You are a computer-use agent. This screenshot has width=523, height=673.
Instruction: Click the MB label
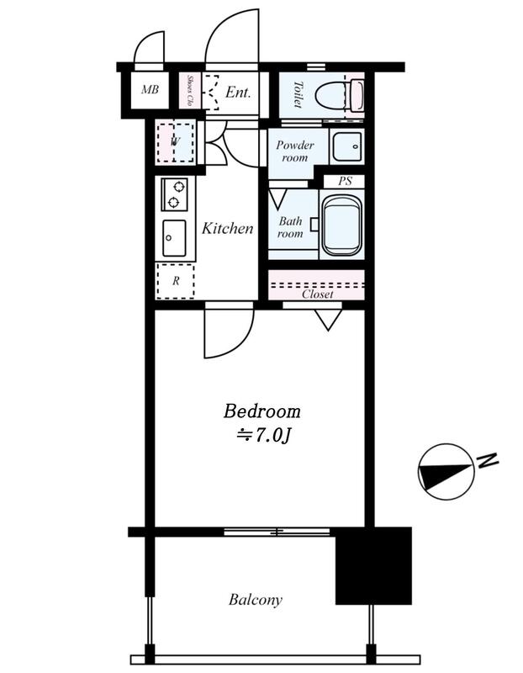(x=150, y=89)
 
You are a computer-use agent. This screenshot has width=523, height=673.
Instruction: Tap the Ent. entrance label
(x=238, y=92)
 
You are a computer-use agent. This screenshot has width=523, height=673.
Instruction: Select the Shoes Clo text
(x=190, y=91)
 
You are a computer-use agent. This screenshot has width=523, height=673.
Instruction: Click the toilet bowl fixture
(x=340, y=95)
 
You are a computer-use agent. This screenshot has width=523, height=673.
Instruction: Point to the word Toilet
(x=298, y=94)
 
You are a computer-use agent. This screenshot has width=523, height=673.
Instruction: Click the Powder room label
(x=295, y=151)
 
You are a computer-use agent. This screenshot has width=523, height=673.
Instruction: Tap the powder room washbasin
(x=346, y=146)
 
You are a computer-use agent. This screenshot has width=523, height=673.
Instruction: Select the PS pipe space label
(x=345, y=181)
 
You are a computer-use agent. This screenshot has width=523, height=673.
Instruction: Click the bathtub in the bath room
(x=342, y=225)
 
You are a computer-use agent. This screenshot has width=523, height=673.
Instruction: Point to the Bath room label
(x=290, y=227)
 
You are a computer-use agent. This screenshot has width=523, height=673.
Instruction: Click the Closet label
(x=318, y=294)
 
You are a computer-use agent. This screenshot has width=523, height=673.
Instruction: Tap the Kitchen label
(x=227, y=228)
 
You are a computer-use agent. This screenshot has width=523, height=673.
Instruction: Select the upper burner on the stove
(x=178, y=187)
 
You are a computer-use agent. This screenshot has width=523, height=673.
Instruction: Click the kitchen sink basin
(x=174, y=238)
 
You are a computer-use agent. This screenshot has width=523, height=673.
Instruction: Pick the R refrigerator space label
(x=176, y=281)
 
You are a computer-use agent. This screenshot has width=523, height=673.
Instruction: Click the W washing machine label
(x=174, y=142)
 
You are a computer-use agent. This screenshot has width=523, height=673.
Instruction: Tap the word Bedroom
(x=261, y=411)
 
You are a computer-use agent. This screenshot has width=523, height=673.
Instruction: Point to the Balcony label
(x=256, y=600)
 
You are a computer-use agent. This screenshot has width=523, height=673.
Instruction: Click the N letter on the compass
(x=488, y=460)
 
